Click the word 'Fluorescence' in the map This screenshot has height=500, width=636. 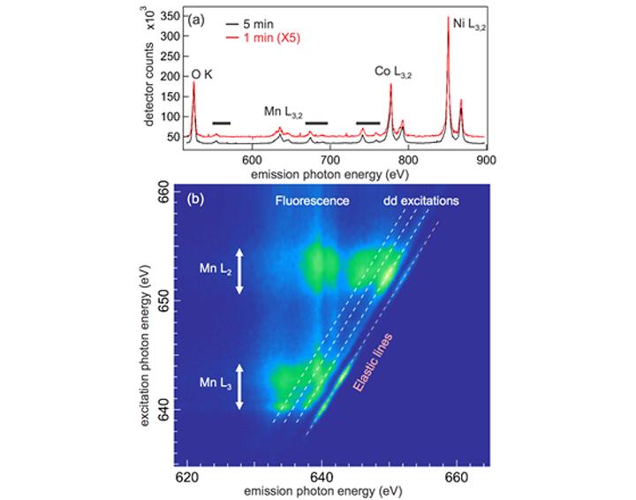pos(312,201)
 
